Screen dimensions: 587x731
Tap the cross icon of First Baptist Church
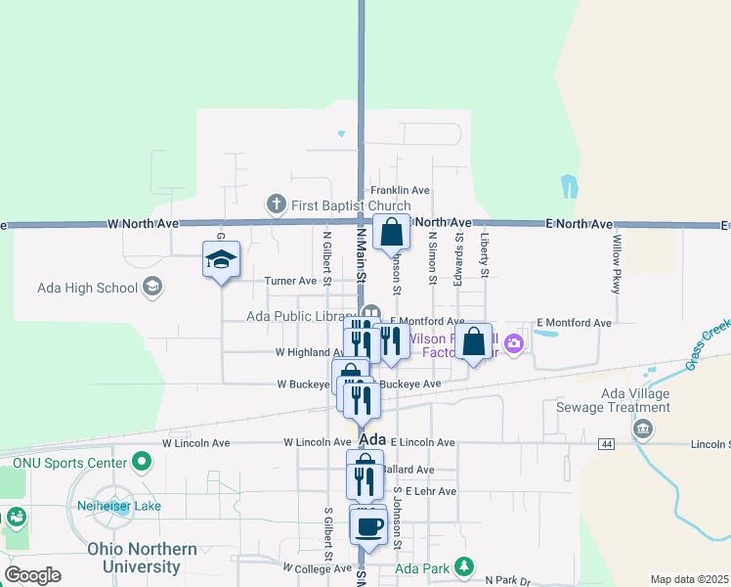(x=276, y=205)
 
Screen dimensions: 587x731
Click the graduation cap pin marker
(x=221, y=260)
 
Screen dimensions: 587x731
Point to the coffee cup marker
(x=368, y=526)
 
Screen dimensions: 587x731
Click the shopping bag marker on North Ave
(x=391, y=234)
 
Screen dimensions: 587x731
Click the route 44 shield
(x=607, y=444)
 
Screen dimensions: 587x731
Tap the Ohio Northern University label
(x=134, y=557)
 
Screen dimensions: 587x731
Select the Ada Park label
(x=422, y=566)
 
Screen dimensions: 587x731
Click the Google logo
(x=32, y=575)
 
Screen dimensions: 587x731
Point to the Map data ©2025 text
(x=689, y=579)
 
